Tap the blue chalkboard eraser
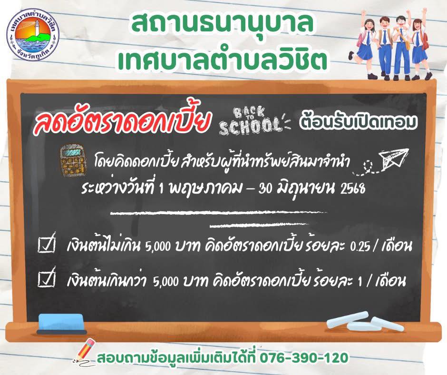tap(61, 324)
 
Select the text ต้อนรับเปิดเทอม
tap(358, 121)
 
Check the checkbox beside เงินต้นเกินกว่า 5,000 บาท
tap(47, 278)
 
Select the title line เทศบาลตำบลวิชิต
tap(223, 59)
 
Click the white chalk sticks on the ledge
tap(365, 322)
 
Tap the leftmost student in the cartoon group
tap(364, 46)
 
